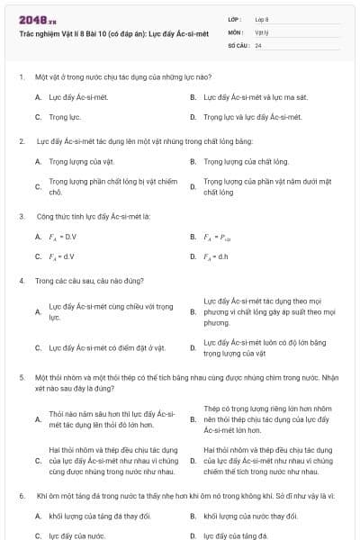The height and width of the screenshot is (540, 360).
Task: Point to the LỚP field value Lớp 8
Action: tap(261, 18)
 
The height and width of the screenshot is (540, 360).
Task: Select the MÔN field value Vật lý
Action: tap(261, 31)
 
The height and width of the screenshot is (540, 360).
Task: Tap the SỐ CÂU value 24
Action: tap(258, 44)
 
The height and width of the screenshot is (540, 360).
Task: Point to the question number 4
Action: tap(21, 281)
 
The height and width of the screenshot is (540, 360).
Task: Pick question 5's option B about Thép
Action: tap(268, 418)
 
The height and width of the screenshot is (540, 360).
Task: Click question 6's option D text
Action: tap(236, 535)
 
